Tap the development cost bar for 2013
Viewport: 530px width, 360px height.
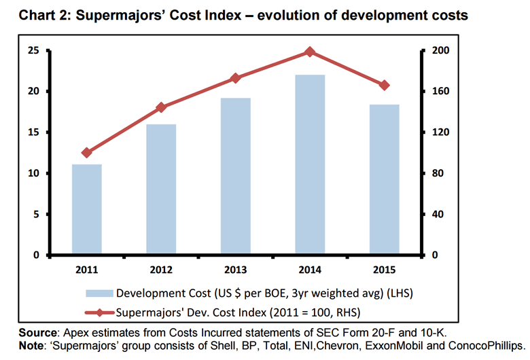click(235, 177)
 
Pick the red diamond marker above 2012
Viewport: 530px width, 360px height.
click(161, 107)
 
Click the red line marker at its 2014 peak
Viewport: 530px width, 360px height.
click(310, 52)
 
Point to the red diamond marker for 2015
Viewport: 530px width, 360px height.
click(384, 85)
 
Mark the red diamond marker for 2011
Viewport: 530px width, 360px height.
click(86, 153)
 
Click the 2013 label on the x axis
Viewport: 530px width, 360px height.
click(235, 269)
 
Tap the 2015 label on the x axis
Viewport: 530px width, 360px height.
click(384, 269)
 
